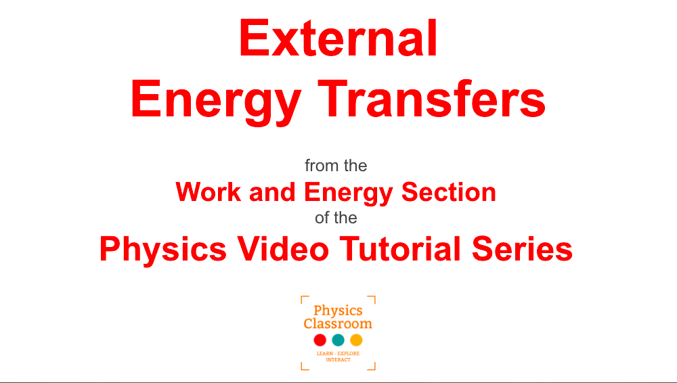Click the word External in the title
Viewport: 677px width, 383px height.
pyautogui.click(x=338, y=38)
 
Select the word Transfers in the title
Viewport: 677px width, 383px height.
pyautogui.click(x=432, y=99)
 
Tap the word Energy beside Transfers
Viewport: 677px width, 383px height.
pyautogui.click(x=216, y=103)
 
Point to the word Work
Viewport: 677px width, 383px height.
pyautogui.click(x=208, y=191)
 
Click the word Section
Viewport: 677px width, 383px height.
pyautogui.click(x=449, y=191)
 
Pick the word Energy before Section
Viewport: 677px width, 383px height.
pyautogui.click(x=349, y=194)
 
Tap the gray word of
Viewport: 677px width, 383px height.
pyautogui.click(x=322, y=218)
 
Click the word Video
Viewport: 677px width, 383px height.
pyautogui.click(x=283, y=249)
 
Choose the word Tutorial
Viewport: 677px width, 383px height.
pyautogui.click(x=400, y=249)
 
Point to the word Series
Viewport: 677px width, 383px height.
pyautogui.click(x=523, y=249)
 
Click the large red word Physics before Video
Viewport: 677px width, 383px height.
pyautogui.click(x=163, y=251)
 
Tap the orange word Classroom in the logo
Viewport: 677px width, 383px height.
pyautogui.click(x=338, y=323)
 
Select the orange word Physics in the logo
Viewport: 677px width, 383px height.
pyautogui.click(x=338, y=311)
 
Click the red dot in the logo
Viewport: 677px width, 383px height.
pyautogui.click(x=320, y=340)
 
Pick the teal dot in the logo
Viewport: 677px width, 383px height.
pyautogui.click(x=338, y=340)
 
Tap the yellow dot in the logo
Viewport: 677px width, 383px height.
pyautogui.click(x=356, y=340)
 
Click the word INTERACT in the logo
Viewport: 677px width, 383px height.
pyautogui.click(x=338, y=360)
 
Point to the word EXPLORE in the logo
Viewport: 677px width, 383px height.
pyautogui.click(x=349, y=354)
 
